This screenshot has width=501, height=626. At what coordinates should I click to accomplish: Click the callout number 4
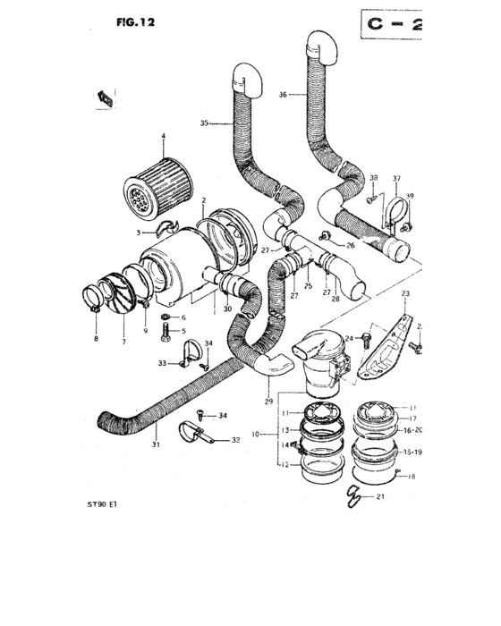point(163,137)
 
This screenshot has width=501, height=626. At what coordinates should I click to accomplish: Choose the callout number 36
point(284,93)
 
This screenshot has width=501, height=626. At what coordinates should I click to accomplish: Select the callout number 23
point(405,294)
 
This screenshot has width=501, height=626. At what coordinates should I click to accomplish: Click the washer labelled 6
point(166,317)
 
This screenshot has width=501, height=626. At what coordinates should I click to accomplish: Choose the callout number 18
point(412,478)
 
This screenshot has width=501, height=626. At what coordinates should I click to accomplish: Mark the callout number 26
point(350,245)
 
